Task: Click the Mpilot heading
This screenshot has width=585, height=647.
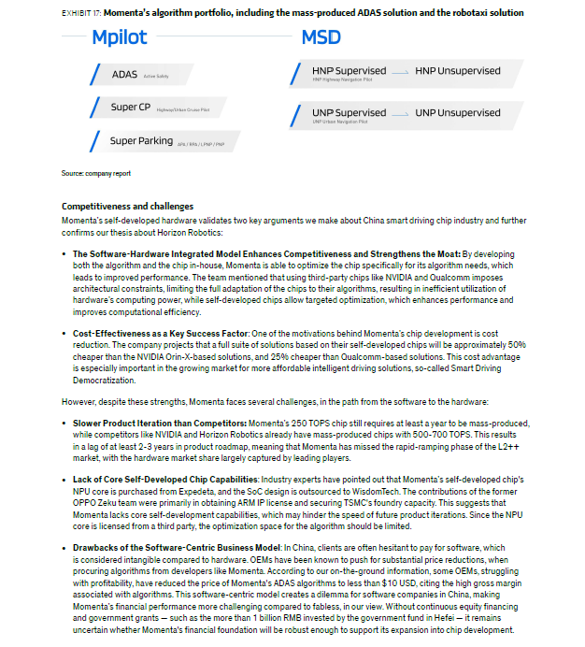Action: click(x=120, y=38)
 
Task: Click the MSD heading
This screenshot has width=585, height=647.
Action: click(x=321, y=38)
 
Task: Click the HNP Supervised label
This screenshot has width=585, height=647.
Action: click(x=349, y=71)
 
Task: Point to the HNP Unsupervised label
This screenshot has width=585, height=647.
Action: click(x=458, y=71)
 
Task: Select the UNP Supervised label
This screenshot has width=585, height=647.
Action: click(x=349, y=113)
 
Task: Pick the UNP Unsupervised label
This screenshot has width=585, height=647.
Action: click(x=458, y=113)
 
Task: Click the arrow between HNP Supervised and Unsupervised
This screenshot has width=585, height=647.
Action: click(x=400, y=72)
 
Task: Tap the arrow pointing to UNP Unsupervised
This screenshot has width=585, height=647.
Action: click(x=400, y=114)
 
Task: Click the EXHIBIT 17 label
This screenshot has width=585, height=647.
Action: click(x=80, y=13)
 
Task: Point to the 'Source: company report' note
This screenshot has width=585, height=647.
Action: click(x=96, y=174)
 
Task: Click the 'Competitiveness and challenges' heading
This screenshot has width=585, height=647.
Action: click(x=127, y=206)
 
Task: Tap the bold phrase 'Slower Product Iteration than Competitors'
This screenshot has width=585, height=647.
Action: click(x=160, y=424)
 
